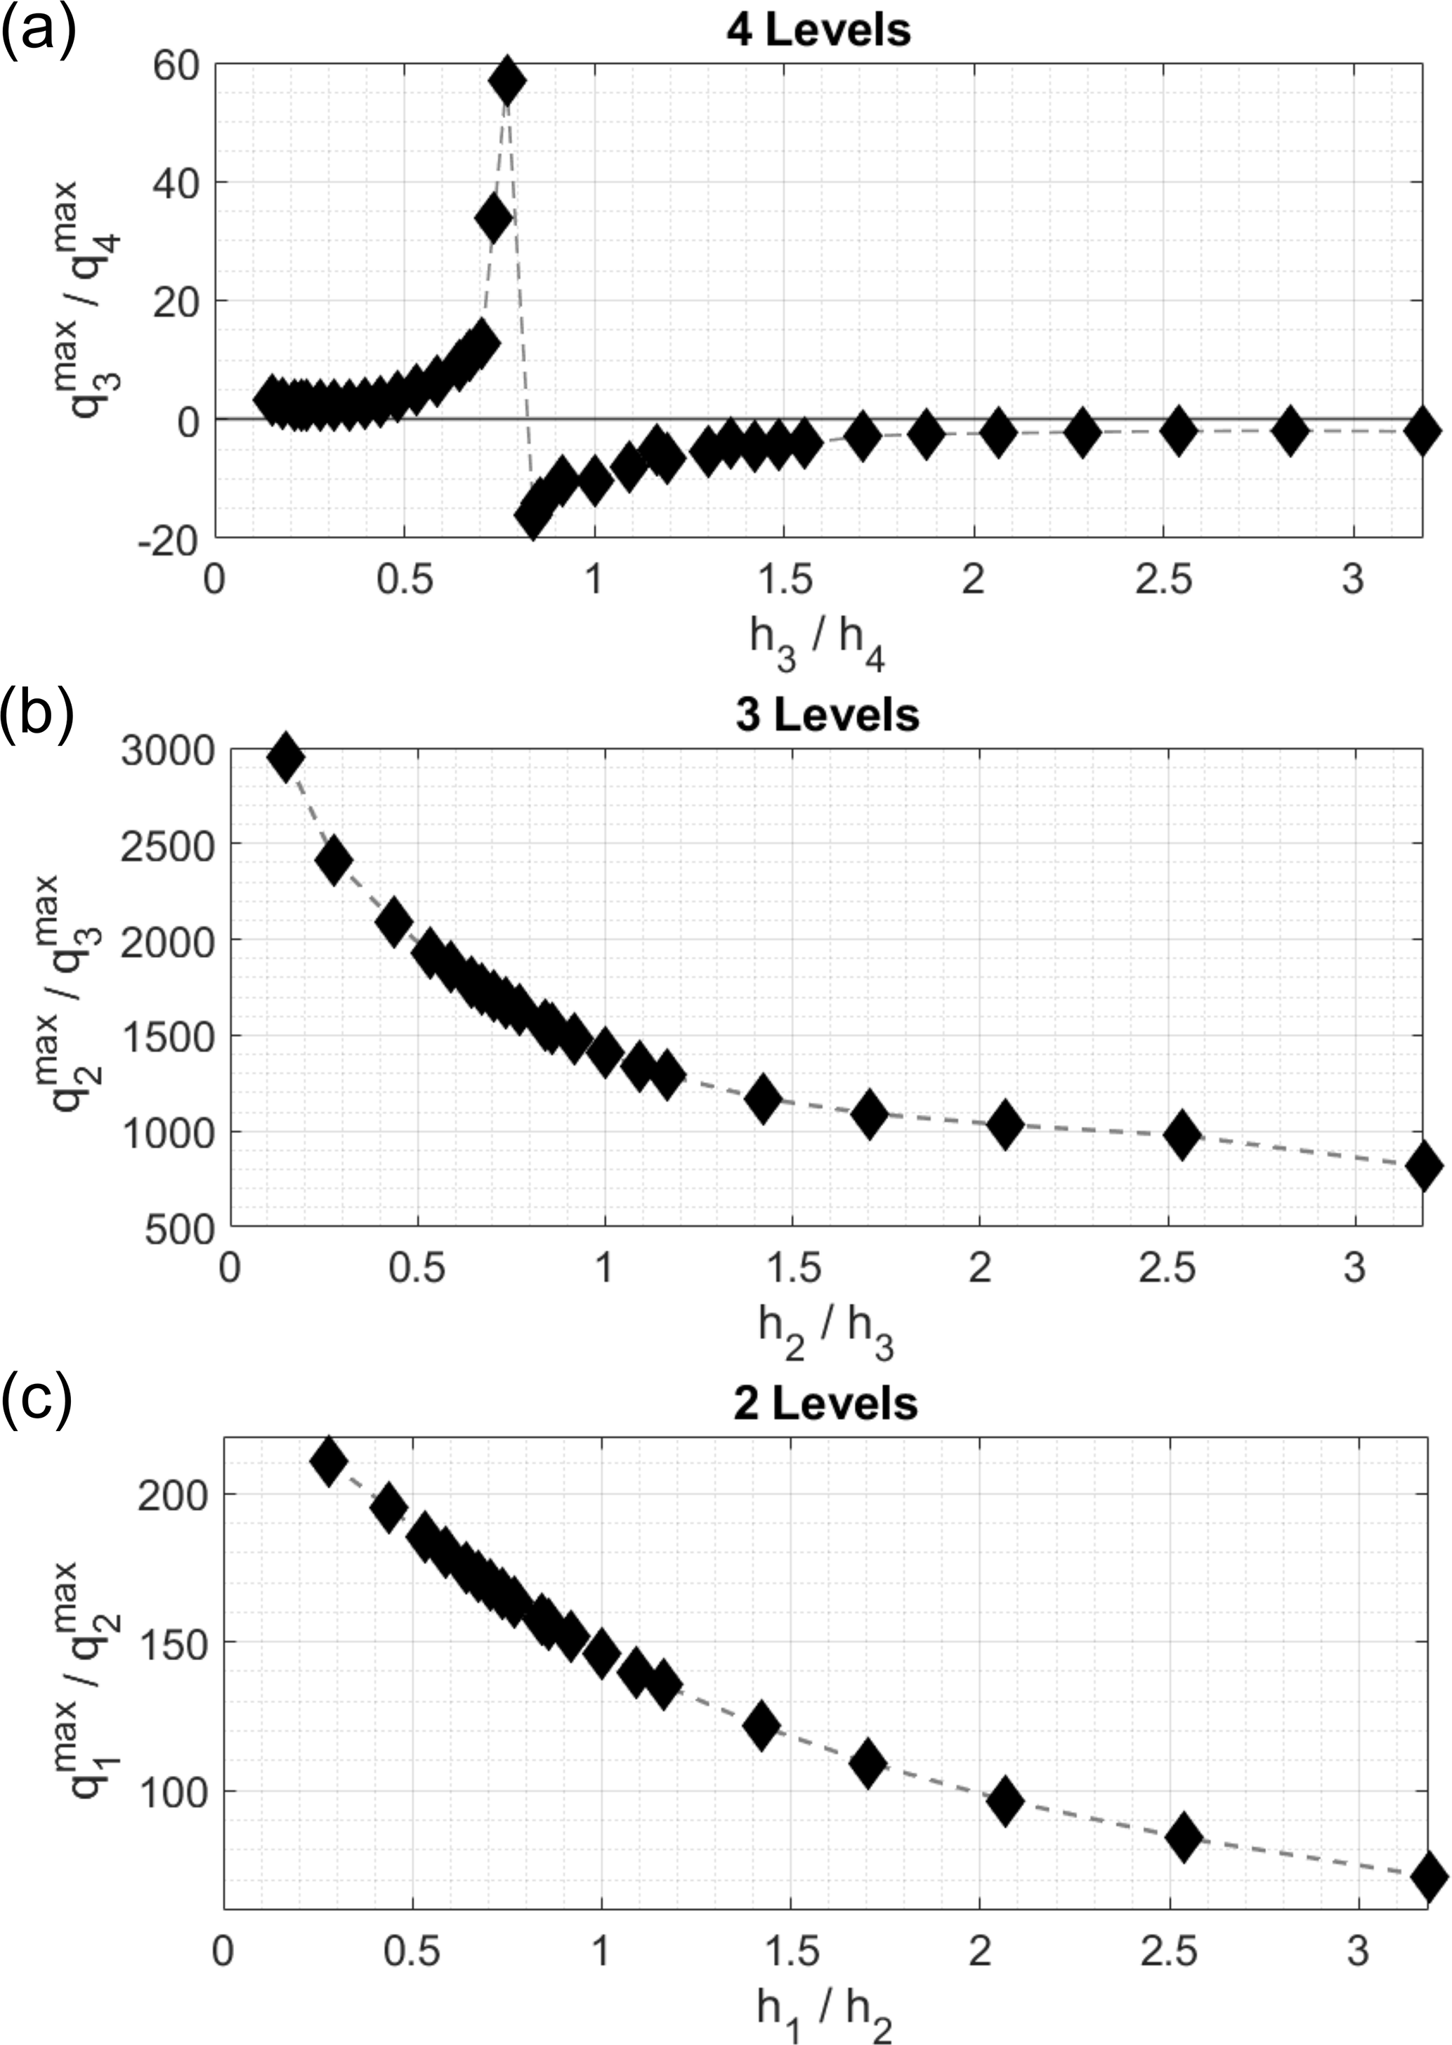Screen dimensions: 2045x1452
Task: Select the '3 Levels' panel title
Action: pos(827,715)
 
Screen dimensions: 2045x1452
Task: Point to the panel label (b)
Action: pos(37,714)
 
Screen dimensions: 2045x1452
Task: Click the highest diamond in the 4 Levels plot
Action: pos(507,81)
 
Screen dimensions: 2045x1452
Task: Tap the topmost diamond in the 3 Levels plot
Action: pos(286,757)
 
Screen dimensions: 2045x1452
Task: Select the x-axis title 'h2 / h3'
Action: pos(825,1328)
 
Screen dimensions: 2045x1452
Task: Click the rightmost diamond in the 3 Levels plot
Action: pos(1423,1166)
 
